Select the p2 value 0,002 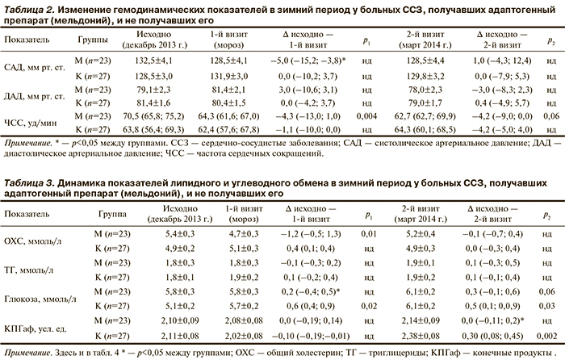click(x=551, y=332)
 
